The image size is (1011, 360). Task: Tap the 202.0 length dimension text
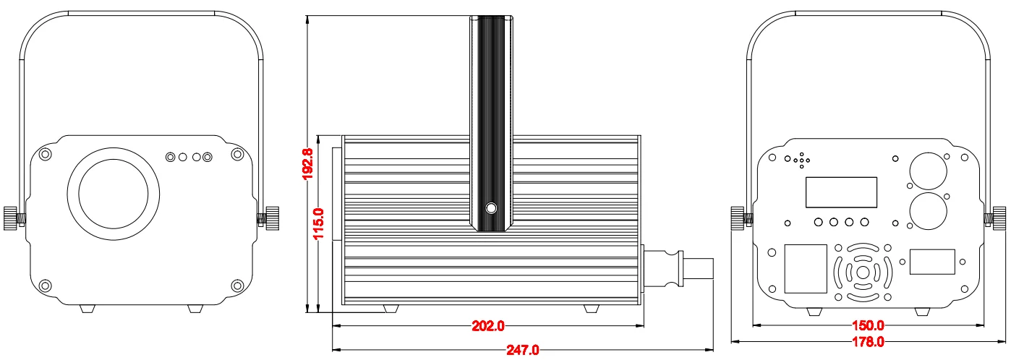488,326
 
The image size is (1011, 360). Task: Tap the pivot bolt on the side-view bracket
492,209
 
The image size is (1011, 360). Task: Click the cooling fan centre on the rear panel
862,273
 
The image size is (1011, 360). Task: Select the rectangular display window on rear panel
841,192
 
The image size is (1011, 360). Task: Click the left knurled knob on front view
10,217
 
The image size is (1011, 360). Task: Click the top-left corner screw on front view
46,154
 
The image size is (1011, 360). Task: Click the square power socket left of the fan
806,268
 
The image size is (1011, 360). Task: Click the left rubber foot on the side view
391,309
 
